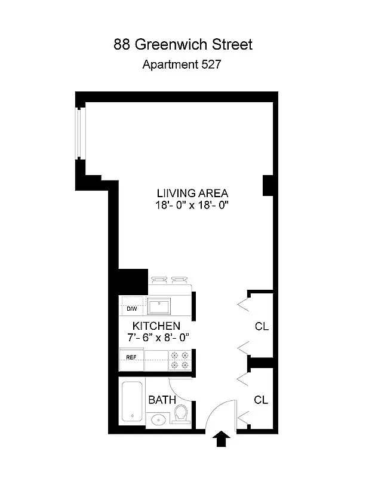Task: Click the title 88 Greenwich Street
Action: tap(183, 44)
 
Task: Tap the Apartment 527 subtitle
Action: tap(182, 65)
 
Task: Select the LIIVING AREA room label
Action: tap(192, 194)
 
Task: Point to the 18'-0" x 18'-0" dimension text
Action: tap(192, 205)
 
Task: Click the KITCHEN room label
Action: tap(156, 326)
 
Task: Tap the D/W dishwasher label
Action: tap(131, 309)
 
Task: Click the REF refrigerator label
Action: tap(131, 357)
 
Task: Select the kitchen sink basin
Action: tap(159, 307)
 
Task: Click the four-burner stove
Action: tap(179, 358)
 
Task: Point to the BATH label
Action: tap(161, 399)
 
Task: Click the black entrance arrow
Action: tap(221, 440)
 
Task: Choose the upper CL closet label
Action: tap(261, 327)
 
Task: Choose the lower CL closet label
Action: tap(261, 400)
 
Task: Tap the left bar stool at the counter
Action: tap(158, 280)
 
